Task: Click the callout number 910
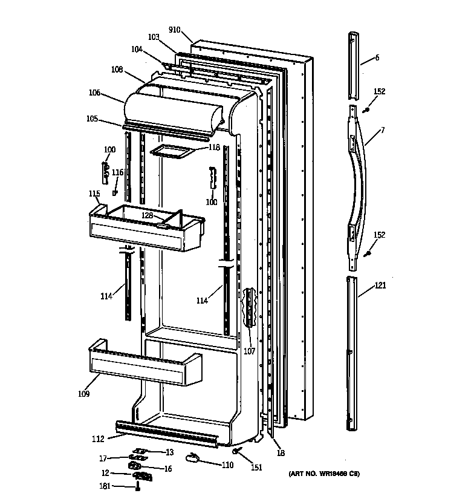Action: point(175,30)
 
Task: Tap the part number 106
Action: point(94,93)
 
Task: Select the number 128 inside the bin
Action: point(147,215)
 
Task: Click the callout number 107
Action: point(249,351)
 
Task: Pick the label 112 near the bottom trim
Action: point(99,439)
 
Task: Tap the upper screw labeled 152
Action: point(367,109)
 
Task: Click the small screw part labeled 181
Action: point(138,486)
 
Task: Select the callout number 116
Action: point(117,172)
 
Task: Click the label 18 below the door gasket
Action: point(280,452)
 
